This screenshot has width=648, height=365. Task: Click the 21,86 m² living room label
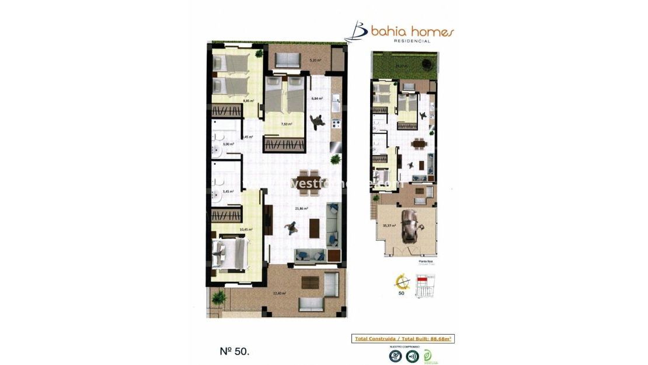(301, 208)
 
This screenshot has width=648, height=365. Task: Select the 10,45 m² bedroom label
(246, 230)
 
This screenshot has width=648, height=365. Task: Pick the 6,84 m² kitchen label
(317, 98)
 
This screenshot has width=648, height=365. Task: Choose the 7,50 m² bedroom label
(286, 124)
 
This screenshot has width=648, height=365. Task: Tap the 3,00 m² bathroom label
(228, 144)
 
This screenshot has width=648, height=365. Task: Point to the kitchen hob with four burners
(336, 124)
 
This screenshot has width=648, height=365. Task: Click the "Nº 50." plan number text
(234, 351)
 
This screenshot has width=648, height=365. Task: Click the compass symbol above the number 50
(402, 283)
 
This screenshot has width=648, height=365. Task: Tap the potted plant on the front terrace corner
(220, 298)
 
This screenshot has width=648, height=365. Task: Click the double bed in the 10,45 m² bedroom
(229, 255)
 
